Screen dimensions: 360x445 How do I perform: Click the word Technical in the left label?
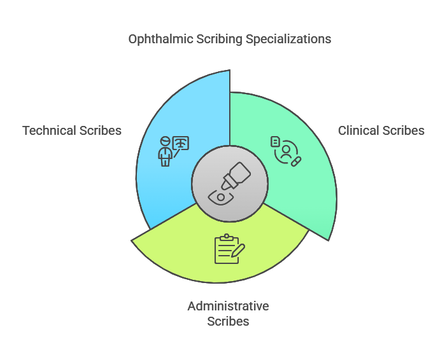coord(49,130)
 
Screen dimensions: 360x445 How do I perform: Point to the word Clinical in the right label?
coord(360,130)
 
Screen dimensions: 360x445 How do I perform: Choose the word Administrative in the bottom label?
coord(228,306)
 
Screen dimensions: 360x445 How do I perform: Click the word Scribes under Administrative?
coord(228,321)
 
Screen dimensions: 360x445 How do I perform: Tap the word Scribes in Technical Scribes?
coord(100,130)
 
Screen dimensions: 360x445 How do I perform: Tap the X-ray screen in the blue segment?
coord(181,144)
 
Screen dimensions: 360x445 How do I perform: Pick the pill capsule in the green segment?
coord(295,162)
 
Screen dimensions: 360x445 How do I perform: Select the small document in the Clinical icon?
coord(275,141)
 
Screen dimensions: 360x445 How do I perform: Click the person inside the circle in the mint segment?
coord(287,151)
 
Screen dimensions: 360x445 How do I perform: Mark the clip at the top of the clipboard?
coord(226,237)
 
